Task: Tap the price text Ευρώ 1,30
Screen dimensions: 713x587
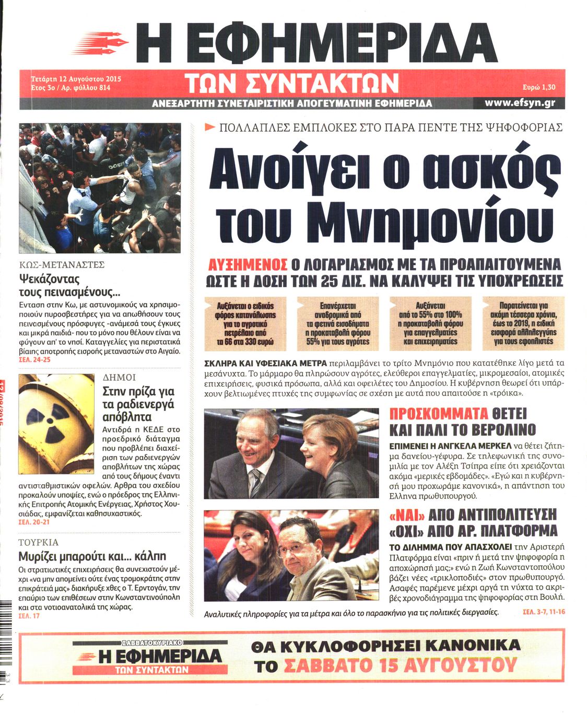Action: click(x=538, y=88)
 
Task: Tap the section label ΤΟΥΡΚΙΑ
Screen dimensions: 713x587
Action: click(x=38, y=542)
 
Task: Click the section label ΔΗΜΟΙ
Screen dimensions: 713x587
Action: click(x=119, y=377)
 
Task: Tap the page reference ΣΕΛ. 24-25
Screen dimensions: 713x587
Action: click(x=34, y=360)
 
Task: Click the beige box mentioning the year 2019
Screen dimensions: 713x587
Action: click(x=523, y=323)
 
